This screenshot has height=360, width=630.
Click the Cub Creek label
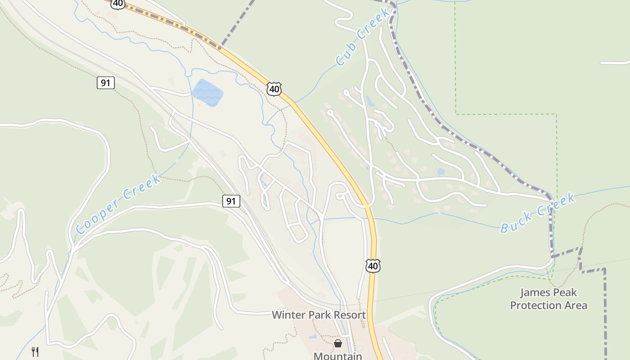tap(362, 36)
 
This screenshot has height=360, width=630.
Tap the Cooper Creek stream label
tap(118, 204)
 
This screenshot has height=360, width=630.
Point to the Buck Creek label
tap(538, 212)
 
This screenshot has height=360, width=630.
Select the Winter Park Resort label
tap(319, 315)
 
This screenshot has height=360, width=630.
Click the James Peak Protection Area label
tap(549, 299)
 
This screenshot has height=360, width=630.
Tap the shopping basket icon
tap(338, 343)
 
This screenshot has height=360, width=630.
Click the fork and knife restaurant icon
tap(35, 351)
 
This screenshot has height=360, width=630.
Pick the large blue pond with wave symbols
tap(207, 92)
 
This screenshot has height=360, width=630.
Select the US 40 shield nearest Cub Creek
tap(274, 89)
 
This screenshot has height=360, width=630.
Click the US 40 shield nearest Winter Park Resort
tap(373, 266)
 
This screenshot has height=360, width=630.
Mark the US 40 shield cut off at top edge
tap(118, 4)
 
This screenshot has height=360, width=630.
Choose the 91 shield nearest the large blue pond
tap(105, 83)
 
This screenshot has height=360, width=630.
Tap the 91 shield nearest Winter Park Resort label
tap(231, 201)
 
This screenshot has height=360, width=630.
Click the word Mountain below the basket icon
tap(338, 356)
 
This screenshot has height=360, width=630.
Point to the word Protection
tap(549, 305)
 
